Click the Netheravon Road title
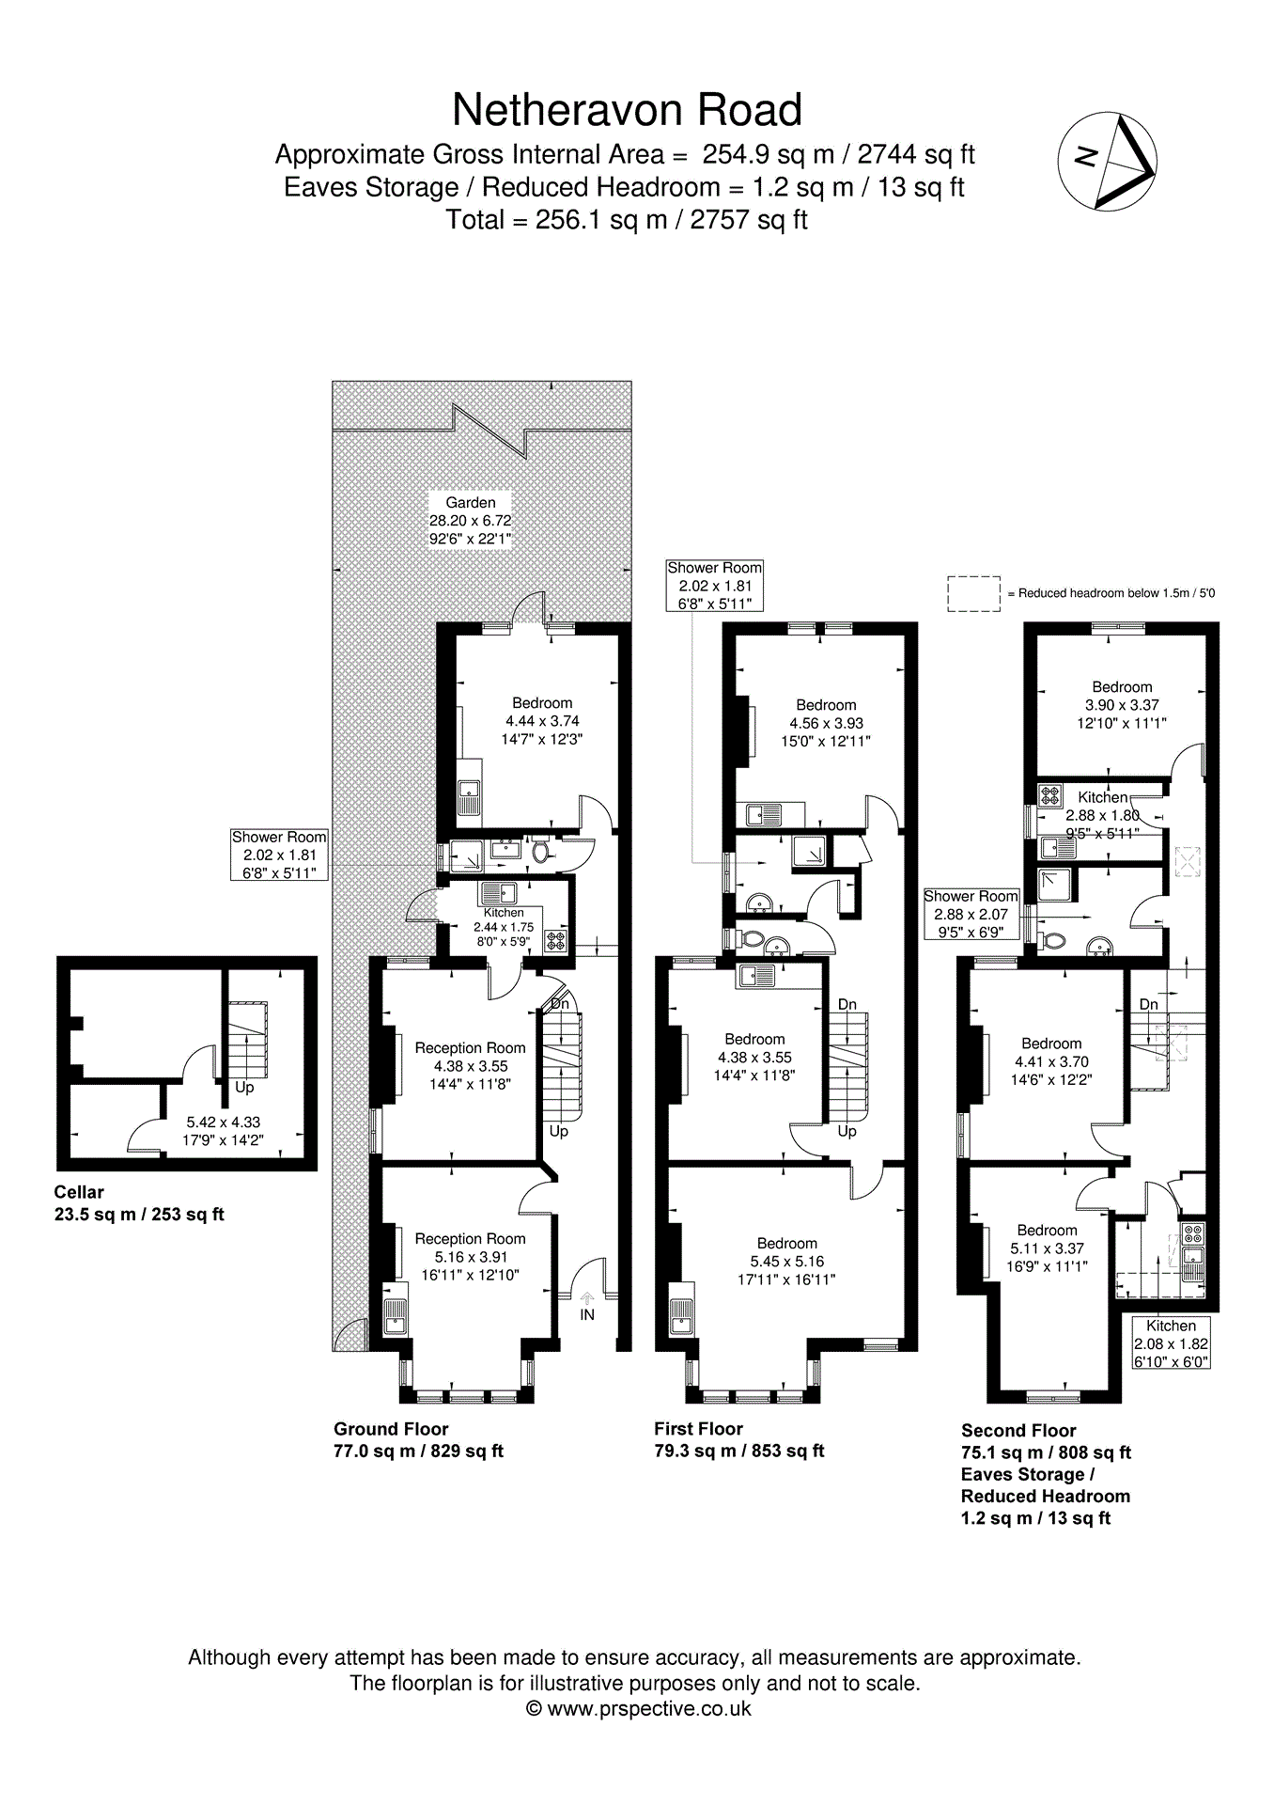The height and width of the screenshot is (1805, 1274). (x=627, y=110)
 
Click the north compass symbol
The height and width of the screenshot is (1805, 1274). (x=1107, y=161)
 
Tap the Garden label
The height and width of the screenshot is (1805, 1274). (x=470, y=503)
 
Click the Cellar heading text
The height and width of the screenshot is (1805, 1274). (x=79, y=1192)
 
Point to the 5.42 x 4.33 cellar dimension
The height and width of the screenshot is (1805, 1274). (x=223, y=1122)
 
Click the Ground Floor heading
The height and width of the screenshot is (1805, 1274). (x=391, y=1428)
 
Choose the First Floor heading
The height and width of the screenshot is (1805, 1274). (x=698, y=1428)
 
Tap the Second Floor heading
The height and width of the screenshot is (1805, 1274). (x=1018, y=1430)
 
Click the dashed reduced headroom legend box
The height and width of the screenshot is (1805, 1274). (x=973, y=593)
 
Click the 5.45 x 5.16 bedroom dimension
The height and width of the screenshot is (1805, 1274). (x=786, y=1261)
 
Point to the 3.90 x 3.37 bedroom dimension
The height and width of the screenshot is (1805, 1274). (x=1122, y=704)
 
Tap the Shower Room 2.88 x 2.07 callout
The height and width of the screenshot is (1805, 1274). (x=971, y=913)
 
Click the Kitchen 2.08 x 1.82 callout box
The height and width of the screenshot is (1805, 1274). (x=1171, y=1342)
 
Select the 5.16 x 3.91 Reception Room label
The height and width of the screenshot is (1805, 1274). (x=470, y=1256)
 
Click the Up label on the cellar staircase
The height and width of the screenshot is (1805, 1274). (x=244, y=1088)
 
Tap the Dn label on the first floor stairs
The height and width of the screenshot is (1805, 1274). (x=847, y=1004)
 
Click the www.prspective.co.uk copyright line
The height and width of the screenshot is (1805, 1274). (x=638, y=1708)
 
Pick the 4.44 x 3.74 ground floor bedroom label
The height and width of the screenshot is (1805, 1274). (x=542, y=721)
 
